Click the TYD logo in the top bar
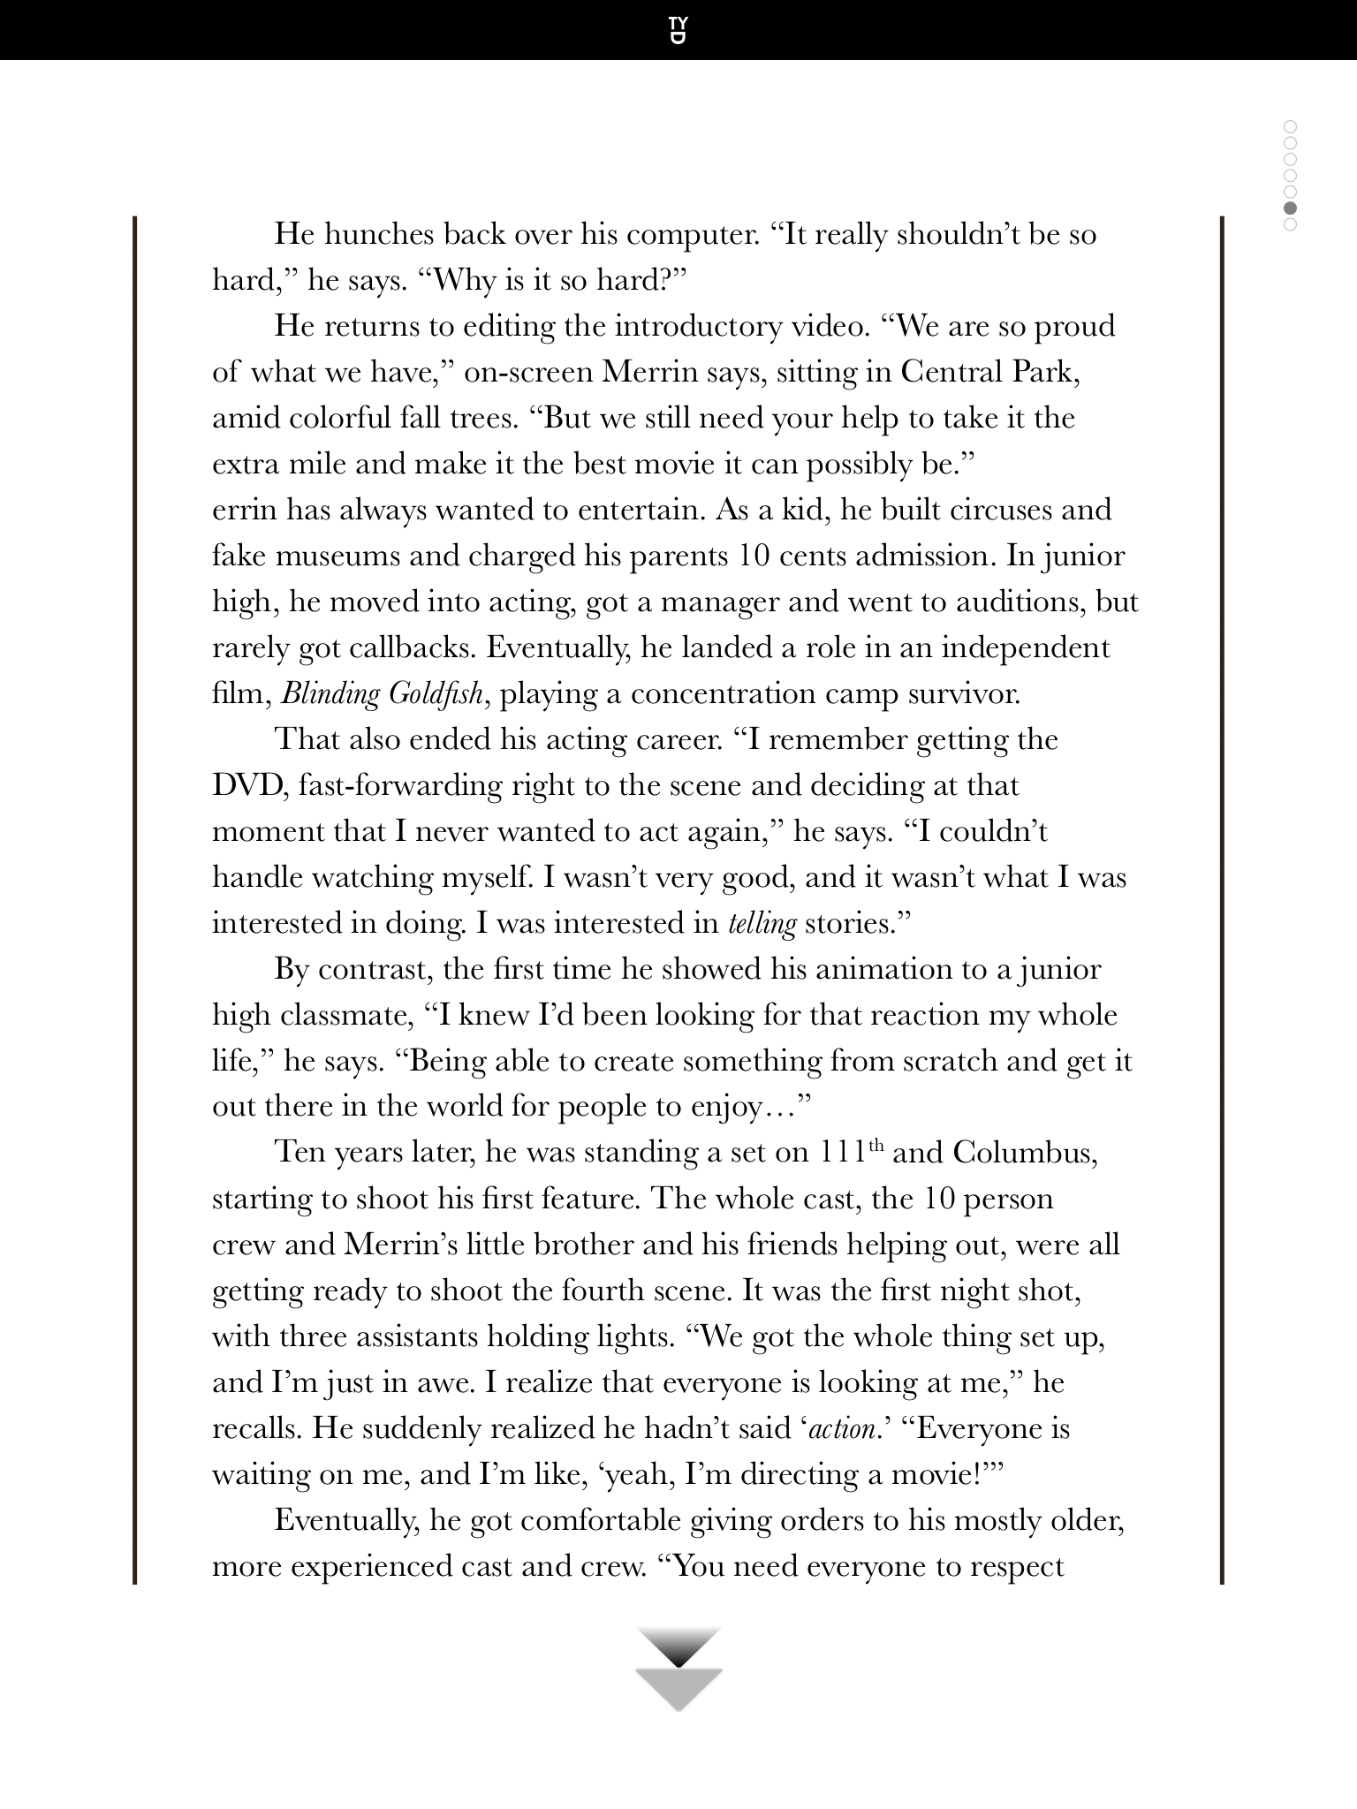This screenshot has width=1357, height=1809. click(678, 30)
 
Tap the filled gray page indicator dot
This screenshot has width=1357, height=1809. click(1290, 208)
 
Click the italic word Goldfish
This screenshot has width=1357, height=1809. click(435, 694)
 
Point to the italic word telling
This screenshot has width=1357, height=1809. click(762, 924)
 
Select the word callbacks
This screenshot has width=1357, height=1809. click(408, 648)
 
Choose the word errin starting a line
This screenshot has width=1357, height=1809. click(245, 511)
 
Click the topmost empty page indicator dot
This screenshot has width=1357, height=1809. click(1290, 126)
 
